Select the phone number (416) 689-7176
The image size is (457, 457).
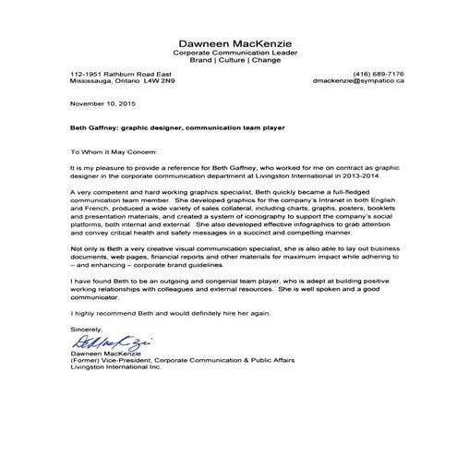click(x=379, y=73)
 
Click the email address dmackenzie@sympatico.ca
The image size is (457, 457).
click(x=355, y=81)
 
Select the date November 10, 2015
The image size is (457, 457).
click(x=100, y=103)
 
